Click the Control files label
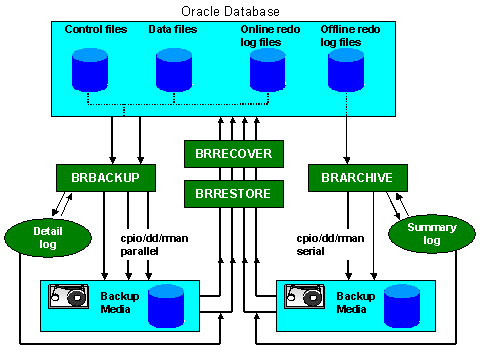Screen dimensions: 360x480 click(x=95, y=31)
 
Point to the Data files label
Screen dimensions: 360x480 click(x=174, y=31)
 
